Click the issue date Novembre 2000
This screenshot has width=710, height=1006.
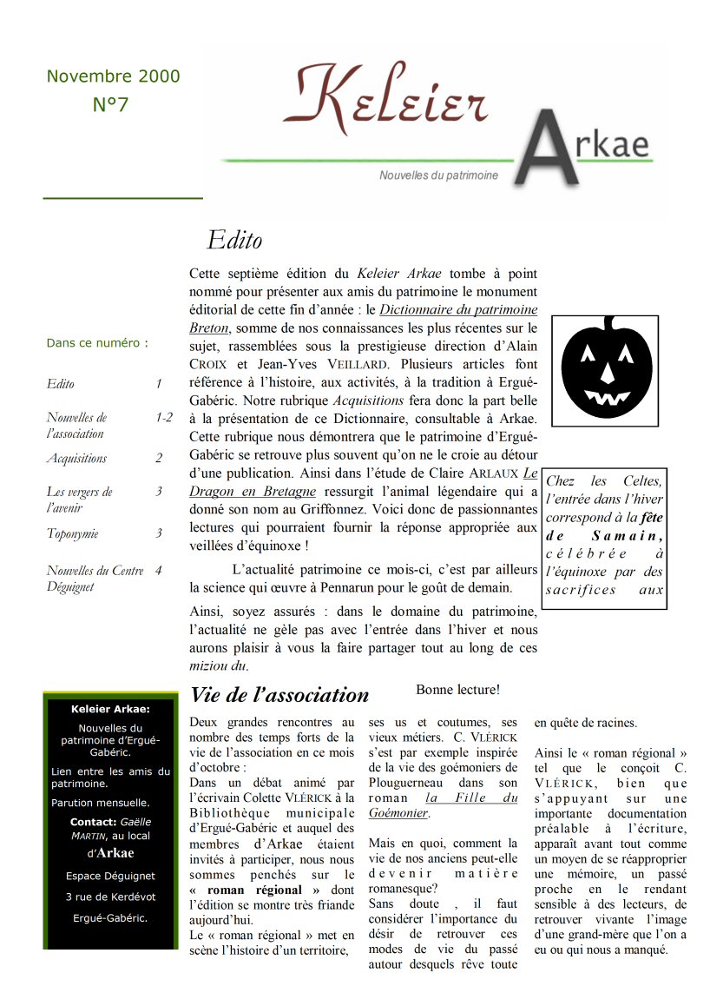tap(113, 76)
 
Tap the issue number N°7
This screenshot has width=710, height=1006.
tap(110, 105)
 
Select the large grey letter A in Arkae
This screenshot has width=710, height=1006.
tap(546, 151)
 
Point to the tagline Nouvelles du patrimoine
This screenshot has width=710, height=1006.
tap(438, 175)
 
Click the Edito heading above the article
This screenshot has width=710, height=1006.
tap(234, 240)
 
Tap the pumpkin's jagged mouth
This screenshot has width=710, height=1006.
tap(607, 397)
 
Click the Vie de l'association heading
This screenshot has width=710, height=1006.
tap(279, 695)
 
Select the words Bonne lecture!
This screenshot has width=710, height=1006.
tap(457, 690)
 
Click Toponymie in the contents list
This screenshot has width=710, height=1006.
tap(72, 533)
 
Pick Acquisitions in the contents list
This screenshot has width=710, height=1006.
tap(76, 458)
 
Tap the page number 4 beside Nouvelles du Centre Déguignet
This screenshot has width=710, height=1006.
tap(158, 571)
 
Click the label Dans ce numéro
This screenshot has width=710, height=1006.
tap(96, 343)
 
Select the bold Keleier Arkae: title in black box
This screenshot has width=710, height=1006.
tap(110, 709)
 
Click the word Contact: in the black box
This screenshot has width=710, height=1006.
tap(93, 822)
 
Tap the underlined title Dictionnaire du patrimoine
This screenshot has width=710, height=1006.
tap(458, 310)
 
